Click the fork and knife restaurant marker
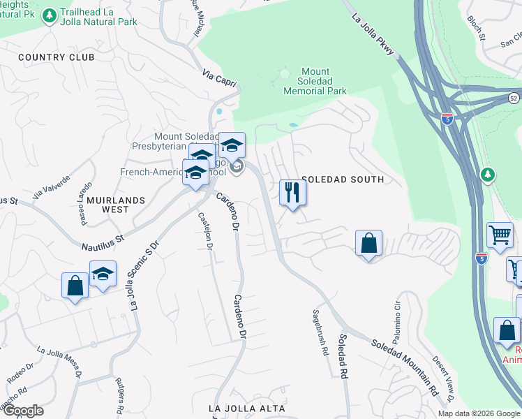[292, 193]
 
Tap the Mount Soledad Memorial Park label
[315, 81]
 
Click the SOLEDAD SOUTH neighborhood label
[342, 179]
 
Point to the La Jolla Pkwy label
[373, 34]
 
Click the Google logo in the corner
[22, 411]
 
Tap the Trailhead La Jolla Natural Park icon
[50, 15]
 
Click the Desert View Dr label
[441, 378]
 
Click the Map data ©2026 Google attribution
[479, 413]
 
